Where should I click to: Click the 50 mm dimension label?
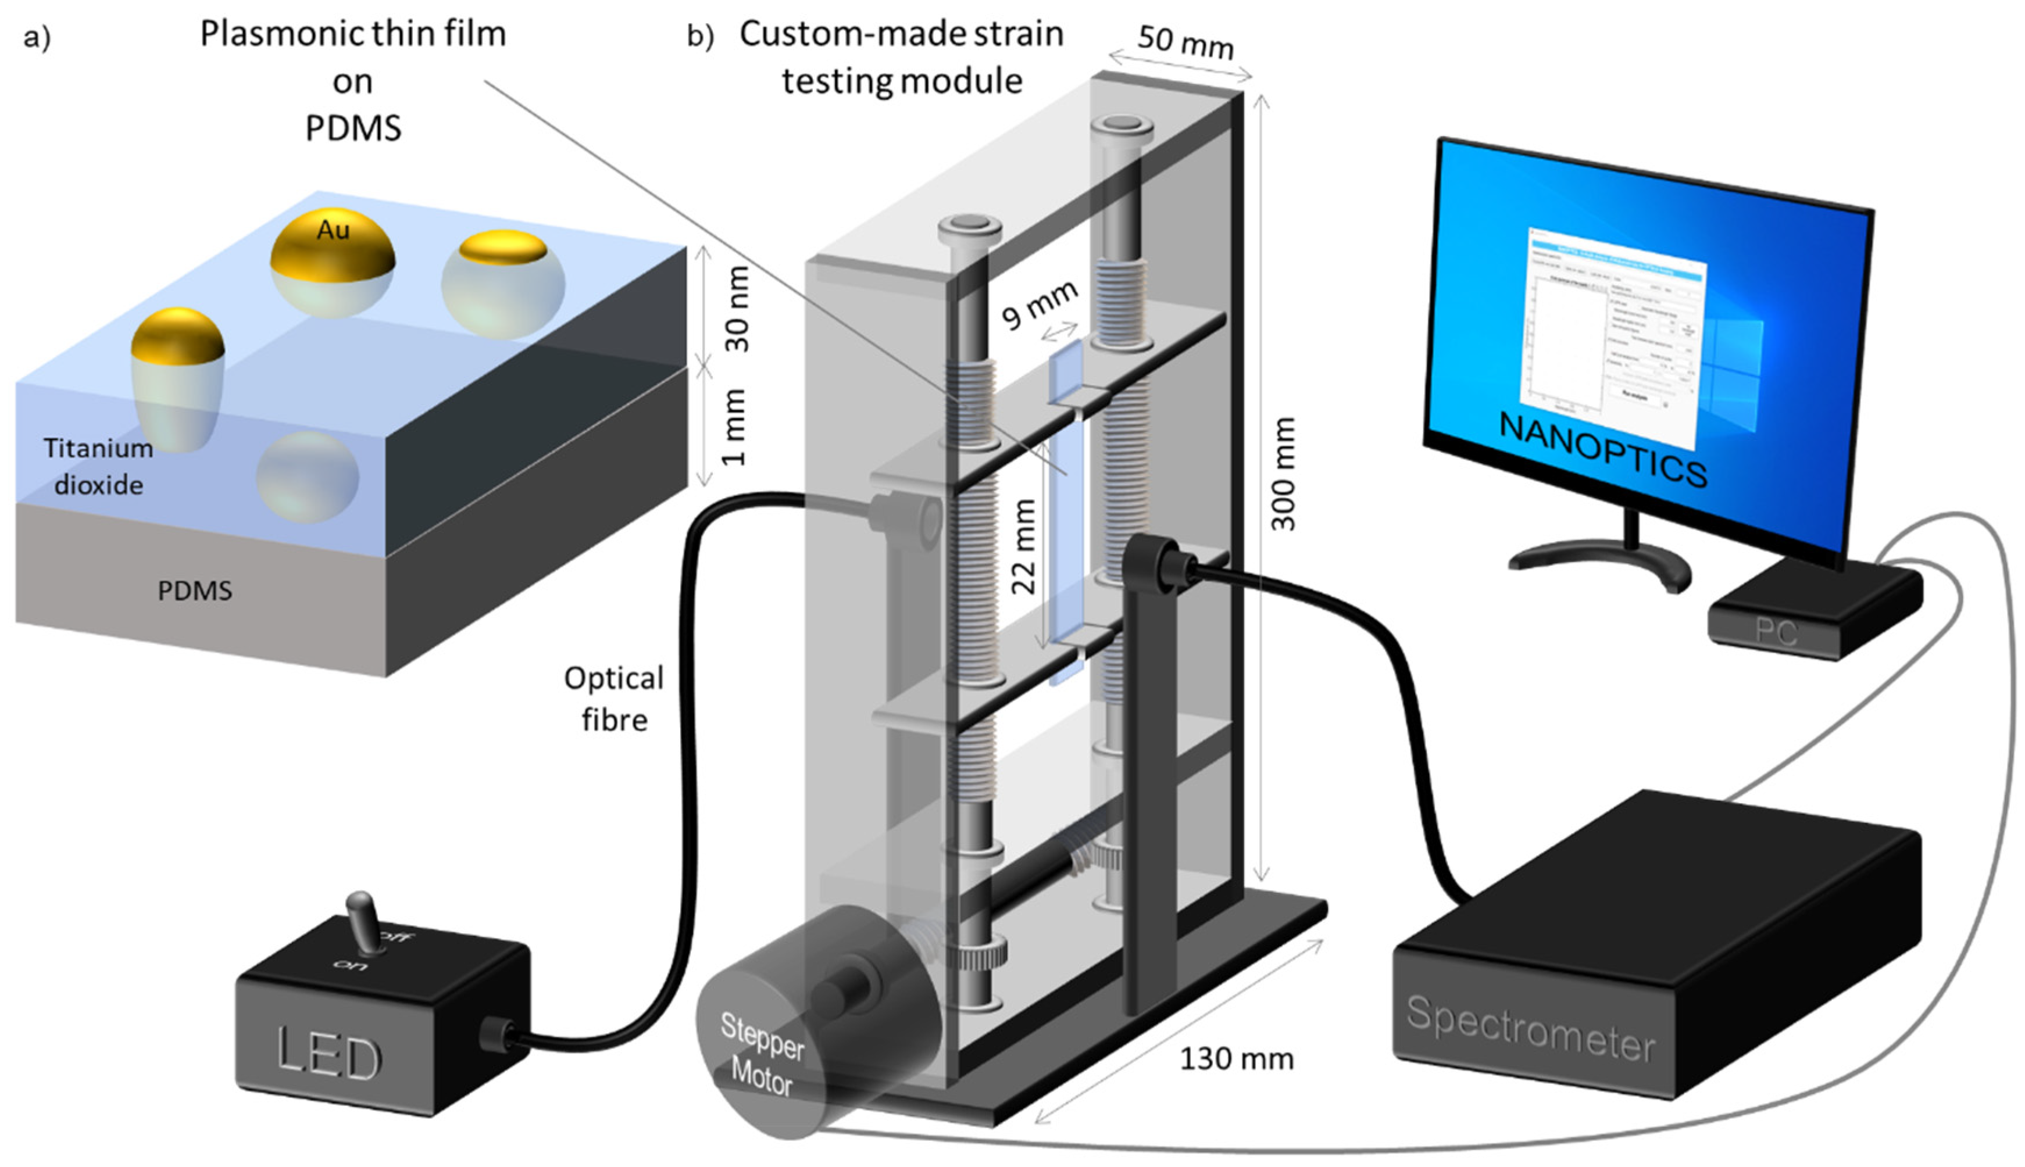(x=1185, y=42)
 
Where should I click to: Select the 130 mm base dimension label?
(x=1236, y=1059)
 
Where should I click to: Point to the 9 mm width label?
(x=1040, y=305)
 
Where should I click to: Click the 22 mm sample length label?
(x=1024, y=546)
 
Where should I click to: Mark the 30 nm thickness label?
(x=737, y=309)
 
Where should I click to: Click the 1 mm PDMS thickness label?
(x=734, y=427)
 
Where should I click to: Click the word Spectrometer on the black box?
(x=1530, y=1029)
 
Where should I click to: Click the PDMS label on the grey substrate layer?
(x=195, y=590)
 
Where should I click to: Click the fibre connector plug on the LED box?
(x=497, y=1034)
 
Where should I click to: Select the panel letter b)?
(x=700, y=37)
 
